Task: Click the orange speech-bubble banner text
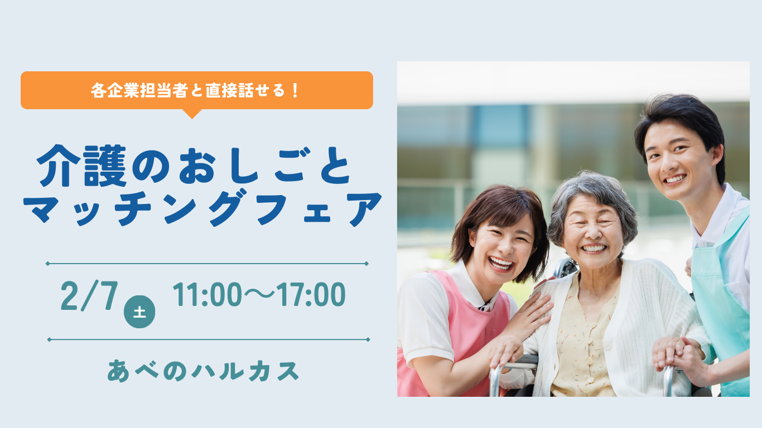point(195,90)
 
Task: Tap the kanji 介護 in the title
point(81,166)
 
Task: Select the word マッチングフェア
point(202,208)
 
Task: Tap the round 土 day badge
point(139,312)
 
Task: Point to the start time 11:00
point(207,294)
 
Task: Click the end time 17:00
point(311,294)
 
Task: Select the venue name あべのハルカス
point(203,371)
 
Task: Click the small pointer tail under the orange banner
point(192,114)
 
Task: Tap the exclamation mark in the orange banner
point(295,90)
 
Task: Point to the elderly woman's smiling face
point(594,231)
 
